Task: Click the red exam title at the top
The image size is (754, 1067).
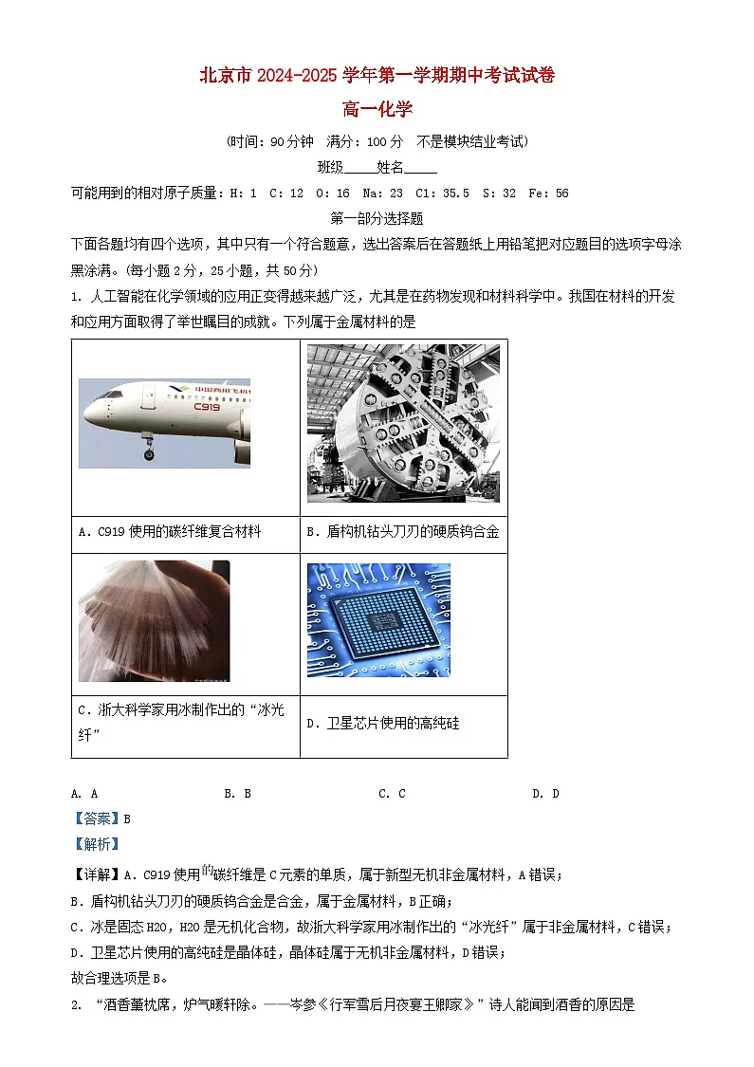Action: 377,77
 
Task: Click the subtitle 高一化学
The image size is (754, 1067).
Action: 377,110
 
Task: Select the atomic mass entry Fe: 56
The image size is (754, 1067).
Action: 549,193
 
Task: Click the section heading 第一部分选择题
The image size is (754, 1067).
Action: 377,218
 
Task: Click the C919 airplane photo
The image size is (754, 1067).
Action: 164,422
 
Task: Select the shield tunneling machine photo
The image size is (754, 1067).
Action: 403,423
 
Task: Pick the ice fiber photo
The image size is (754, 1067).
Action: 154,620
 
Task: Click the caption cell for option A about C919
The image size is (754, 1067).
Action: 170,532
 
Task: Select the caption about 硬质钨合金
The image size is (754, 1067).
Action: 403,532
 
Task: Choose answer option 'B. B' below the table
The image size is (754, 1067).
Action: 237,794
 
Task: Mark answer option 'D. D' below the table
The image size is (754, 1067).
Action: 545,794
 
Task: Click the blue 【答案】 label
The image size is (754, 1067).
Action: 97,819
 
